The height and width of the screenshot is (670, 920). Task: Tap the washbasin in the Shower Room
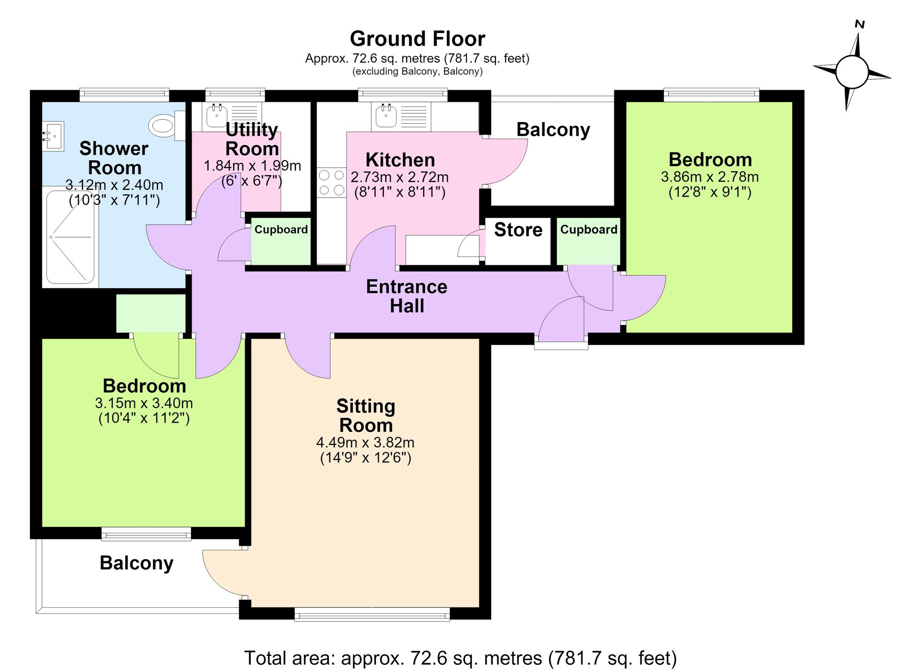point(53,136)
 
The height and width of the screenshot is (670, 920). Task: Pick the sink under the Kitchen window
point(386,116)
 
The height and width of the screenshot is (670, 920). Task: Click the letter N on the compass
point(859,24)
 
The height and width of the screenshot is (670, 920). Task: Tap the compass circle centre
point(852,72)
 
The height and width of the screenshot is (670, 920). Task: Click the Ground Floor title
point(417,39)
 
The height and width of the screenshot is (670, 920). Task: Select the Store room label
point(518,229)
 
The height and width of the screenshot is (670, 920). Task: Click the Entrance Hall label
point(407,296)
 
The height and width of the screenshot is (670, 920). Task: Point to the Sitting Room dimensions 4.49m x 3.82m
point(365,443)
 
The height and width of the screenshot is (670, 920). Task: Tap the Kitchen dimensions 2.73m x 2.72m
point(400,177)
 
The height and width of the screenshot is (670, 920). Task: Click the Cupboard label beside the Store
point(589,229)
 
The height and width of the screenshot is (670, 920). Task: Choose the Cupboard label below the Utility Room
point(281,229)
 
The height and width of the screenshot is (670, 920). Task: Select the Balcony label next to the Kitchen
point(553,130)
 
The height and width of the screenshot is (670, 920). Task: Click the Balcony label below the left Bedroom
point(137,563)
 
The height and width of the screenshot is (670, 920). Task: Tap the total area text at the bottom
point(460,658)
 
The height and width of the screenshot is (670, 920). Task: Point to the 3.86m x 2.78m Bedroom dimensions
point(710,177)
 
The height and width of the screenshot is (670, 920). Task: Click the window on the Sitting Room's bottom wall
point(372,614)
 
